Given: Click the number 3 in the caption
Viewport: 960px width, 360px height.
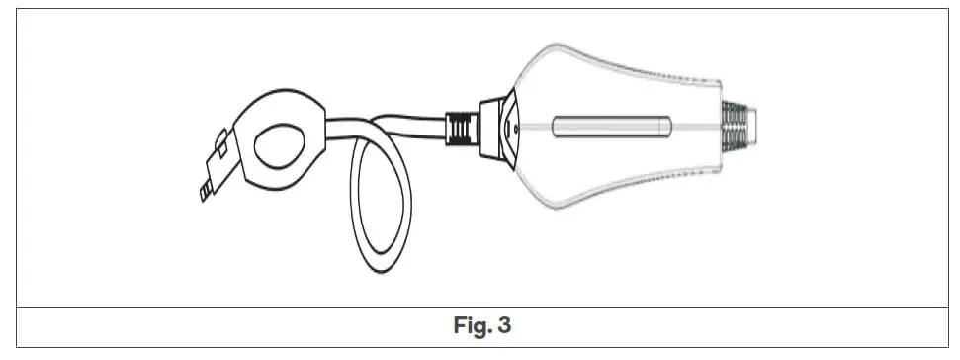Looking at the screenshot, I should (504, 324).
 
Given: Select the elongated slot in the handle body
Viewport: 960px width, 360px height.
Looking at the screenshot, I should (612, 128).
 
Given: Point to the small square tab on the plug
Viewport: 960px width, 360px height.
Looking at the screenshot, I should (223, 149).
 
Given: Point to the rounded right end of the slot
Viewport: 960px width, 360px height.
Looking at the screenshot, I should (669, 128).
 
